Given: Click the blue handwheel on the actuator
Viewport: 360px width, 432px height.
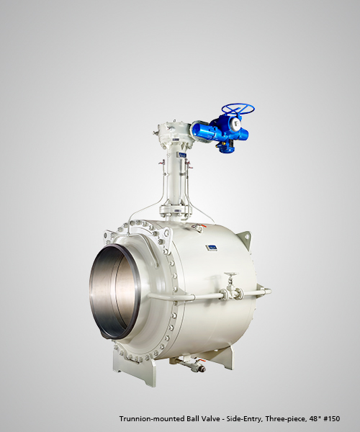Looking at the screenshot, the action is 238,107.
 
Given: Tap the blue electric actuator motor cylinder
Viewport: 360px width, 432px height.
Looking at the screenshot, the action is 204,132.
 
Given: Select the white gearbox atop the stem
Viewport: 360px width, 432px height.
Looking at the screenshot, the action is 174,132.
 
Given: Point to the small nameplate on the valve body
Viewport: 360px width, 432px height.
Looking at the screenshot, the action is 212,248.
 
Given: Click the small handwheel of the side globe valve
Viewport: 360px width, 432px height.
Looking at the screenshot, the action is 231,275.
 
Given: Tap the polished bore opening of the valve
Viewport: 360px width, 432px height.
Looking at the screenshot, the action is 115,292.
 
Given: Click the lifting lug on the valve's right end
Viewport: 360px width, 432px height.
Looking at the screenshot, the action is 244,239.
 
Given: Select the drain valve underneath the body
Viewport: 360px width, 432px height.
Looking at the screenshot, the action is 194,365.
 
